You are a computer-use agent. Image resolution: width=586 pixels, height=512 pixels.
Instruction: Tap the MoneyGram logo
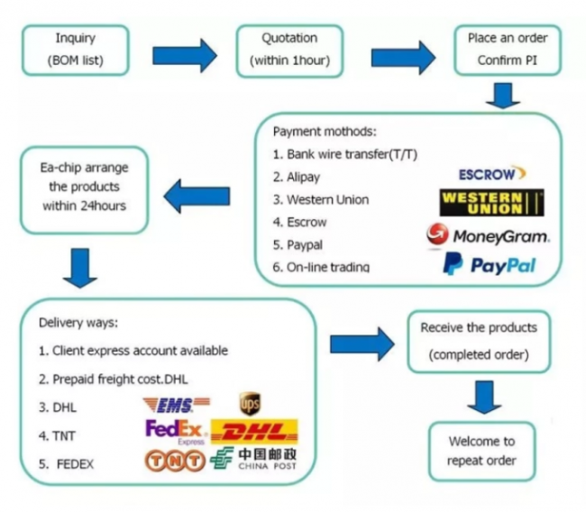(488, 235)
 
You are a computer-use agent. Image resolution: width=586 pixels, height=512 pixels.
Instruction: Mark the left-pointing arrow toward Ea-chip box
(199, 191)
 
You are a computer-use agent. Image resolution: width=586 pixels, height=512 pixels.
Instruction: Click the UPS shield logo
(250, 403)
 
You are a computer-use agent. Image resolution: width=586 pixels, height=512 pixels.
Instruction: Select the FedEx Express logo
(175, 432)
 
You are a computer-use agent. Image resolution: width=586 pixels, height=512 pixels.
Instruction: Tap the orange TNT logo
(174, 461)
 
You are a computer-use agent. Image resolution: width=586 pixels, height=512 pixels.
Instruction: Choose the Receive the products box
(478, 341)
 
